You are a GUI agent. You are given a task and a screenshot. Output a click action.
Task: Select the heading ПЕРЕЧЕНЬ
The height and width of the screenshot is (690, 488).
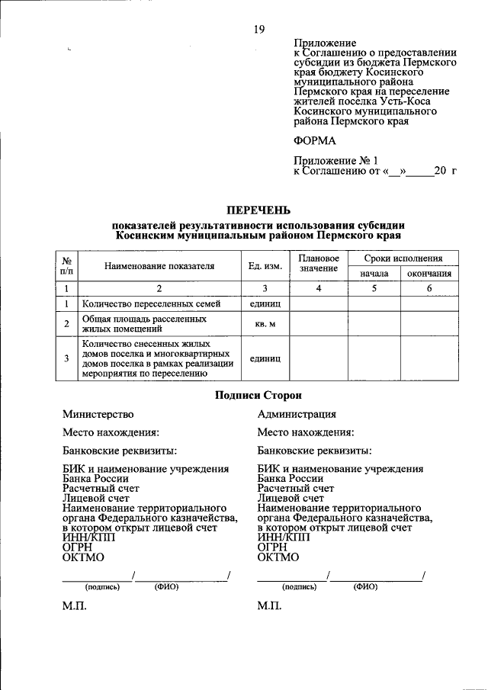click(258, 209)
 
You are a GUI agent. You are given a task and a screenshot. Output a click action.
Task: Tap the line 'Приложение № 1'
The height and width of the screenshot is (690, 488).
click(336, 161)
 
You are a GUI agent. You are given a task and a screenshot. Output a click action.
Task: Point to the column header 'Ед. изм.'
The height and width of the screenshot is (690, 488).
click(265, 266)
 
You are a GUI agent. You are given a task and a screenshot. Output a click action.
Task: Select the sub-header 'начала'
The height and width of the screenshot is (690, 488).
click(374, 274)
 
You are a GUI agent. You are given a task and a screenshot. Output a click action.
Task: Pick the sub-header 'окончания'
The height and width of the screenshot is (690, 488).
click(429, 274)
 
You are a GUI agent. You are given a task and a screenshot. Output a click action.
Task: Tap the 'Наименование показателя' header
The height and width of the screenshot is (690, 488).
click(159, 266)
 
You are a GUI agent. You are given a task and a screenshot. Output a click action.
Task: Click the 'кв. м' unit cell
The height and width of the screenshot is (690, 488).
click(265, 324)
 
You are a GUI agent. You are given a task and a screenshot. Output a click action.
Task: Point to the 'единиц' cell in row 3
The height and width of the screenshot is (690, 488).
click(265, 358)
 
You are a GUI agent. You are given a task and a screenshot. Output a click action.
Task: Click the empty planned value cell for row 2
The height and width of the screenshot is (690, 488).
click(319, 324)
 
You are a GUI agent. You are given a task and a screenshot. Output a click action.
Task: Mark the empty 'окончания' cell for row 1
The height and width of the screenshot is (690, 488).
click(429, 303)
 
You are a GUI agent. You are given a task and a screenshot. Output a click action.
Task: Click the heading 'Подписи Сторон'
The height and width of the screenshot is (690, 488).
click(258, 395)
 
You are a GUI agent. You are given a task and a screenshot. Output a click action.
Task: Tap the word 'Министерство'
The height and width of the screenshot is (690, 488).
click(98, 414)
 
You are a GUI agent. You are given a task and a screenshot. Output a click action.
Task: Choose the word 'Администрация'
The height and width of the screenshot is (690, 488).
click(297, 414)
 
